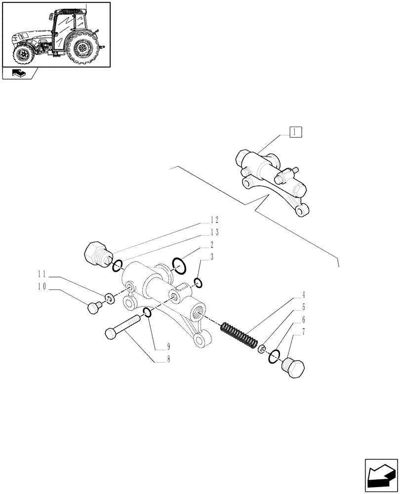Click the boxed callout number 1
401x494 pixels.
[x=294, y=132]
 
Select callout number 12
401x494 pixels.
[x=214, y=219]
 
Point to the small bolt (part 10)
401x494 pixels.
[x=92, y=308]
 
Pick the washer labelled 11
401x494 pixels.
[x=110, y=298]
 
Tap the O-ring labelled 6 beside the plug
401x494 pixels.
[x=274, y=356]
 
